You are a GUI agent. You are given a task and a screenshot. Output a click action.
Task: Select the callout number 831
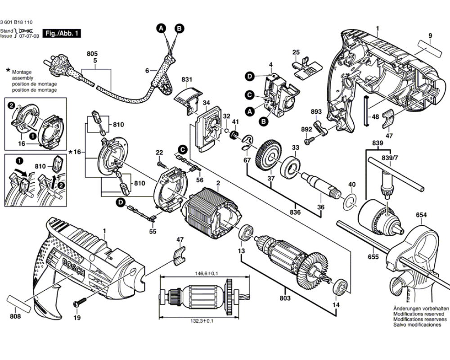[x=187, y=79]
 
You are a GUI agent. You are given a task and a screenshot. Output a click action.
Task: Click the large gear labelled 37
[x=269, y=155]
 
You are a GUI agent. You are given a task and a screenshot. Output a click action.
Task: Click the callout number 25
[x=296, y=52]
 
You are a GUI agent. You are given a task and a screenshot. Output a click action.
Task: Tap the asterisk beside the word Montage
[x=8, y=70]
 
